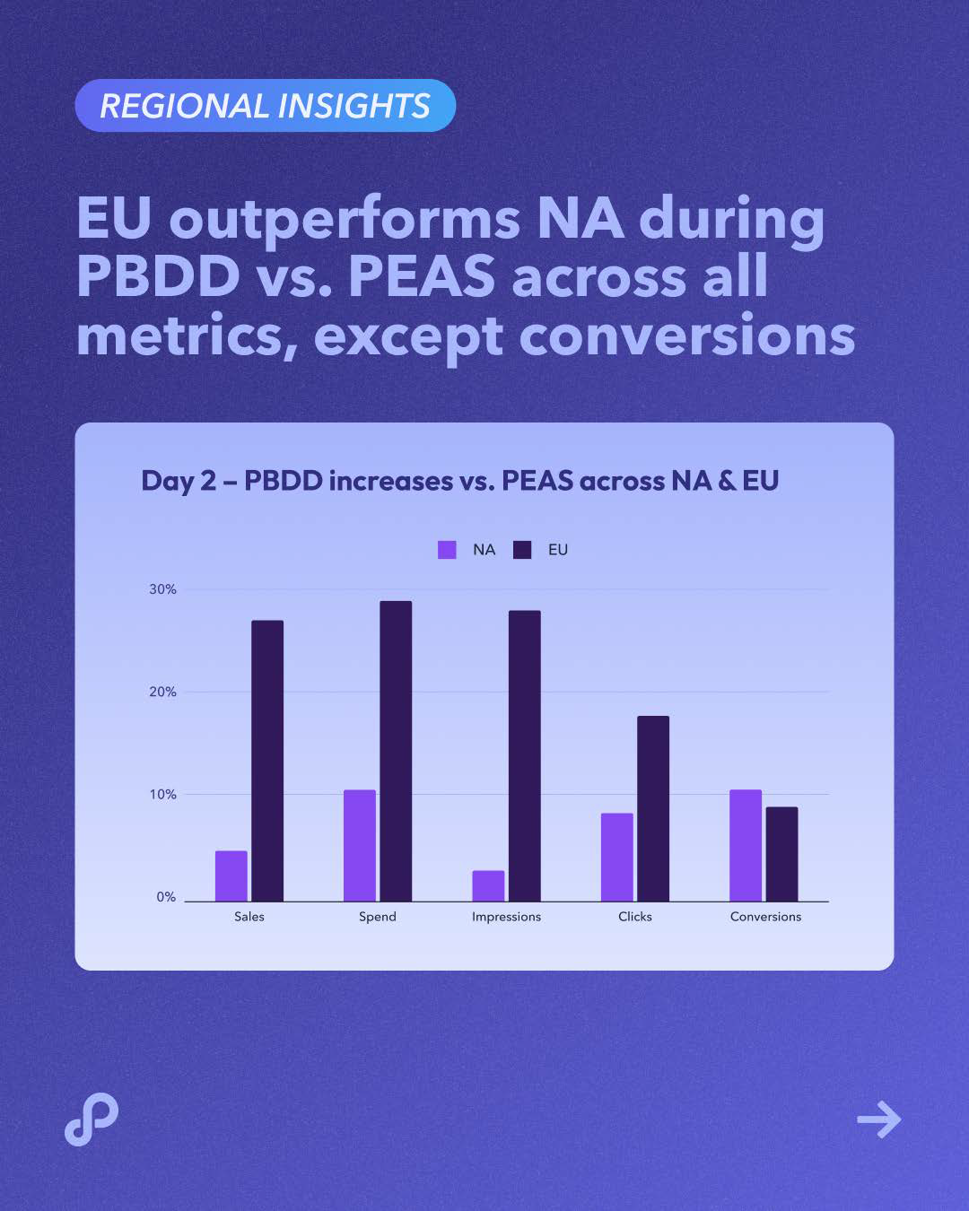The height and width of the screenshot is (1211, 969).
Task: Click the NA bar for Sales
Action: tap(231, 876)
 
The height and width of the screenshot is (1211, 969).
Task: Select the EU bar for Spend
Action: tap(396, 751)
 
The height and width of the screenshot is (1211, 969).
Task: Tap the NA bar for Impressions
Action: tap(488, 885)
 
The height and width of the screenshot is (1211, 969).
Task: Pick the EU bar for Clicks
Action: tap(653, 808)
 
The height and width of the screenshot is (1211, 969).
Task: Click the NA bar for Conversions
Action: tap(746, 845)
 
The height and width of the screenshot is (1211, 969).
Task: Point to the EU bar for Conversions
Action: tap(781, 854)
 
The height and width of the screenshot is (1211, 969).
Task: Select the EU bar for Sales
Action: tap(267, 761)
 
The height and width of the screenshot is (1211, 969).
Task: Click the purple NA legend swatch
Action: tap(447, 550)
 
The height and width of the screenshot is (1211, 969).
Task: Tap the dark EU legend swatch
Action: tap(522, 550)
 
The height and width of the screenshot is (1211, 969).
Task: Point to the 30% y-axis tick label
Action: tap(162, 589)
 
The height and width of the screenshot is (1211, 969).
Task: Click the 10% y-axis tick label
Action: tap(162, 795)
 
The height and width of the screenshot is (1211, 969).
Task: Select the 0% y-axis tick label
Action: tap(166, 897)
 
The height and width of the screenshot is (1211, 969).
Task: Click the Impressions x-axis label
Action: tap(506, 917)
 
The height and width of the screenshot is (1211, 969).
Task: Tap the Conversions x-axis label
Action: tap(765, 917)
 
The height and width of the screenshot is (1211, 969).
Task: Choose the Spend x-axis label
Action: tap(377, 917)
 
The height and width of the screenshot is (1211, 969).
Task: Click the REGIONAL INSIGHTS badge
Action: tap(265, 106)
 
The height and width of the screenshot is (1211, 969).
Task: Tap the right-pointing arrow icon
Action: tap(878, 1120)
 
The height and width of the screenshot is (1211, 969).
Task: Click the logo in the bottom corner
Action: tap(92, 1120)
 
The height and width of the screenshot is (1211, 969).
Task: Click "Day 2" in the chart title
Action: tap(179, 481)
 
